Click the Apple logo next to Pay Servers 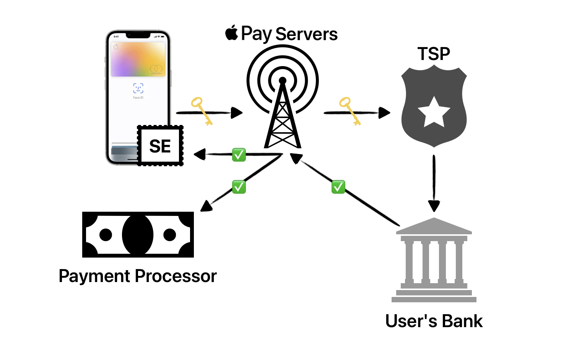pyautogui.click(x=232, y=33)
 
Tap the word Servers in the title pyautogui.click(x=306, y=34)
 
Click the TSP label pyautogui.click(x=434, y=54)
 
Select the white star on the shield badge pyautogui.click(x=434, y=113)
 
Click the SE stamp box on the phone pyautogui.click(x=160, y=146)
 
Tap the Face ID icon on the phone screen pyautogui.click(x=138, y=88)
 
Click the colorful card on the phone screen pyautogui.click(x=138, y=60)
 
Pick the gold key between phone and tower pyautogui.click(x=202, y=111)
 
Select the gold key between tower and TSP pyautogui.click(x=350, y=111)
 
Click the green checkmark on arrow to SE pyautogui.click(x=239, y=155)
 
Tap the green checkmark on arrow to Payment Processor pyautogui.click(x=239, y=187)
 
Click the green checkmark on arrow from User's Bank pyautogui.click(x=338, y=187)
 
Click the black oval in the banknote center pyautogui.click(x=138, y=235)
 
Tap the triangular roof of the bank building pyautogui.click(x=434, y=226)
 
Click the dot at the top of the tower pyautogui.click(x=283, y=80)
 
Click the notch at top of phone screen pyautogui.click(x=138, y=36)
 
